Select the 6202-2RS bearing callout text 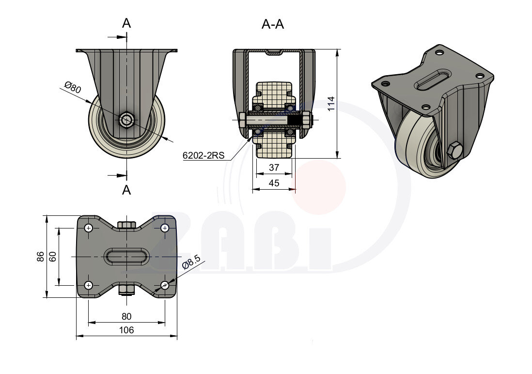tap(203, 156)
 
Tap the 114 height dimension tap(331, 103)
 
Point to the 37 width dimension tap(274, 167)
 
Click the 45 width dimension tap(274, 183)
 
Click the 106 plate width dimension tap(126, 330)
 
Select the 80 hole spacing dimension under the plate tap(126, 317)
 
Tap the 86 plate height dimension tap(40, 256)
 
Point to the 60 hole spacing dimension tap(53, 256)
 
